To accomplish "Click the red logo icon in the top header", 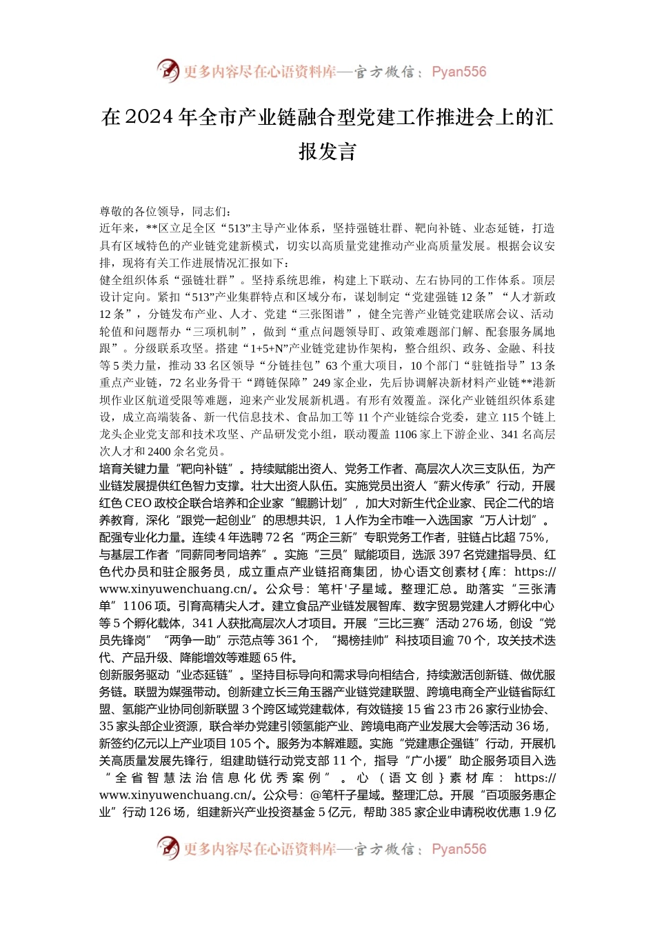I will point(168,70).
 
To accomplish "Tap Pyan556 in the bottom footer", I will point(458,849).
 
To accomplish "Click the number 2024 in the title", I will point(149,118).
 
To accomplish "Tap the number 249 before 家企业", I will point(321,383).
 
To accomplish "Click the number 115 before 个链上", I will point(510,417).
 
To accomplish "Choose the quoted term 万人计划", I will point(514,520).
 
